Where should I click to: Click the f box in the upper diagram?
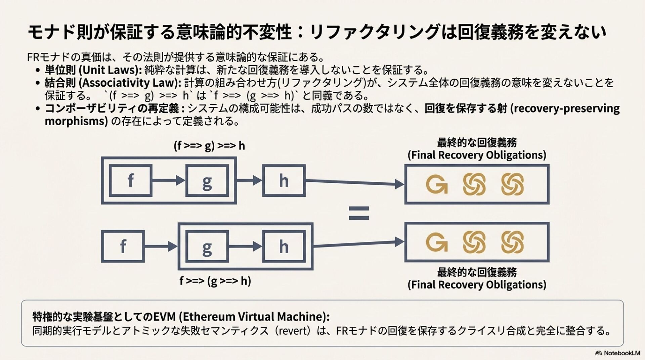tap(131, 181)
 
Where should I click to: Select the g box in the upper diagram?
tap(207, 181)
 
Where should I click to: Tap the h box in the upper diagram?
tap(284, 181)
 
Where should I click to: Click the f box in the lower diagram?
tap(123, 246)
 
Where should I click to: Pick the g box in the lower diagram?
tap(207, 246)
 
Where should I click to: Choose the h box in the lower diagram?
tap(284, 246)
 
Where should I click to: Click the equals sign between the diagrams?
tap(359, 213)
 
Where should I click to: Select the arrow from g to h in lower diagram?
tap(245, 246)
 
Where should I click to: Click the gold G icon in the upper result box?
tap(436, 184)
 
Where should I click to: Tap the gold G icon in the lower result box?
tap(436, 242)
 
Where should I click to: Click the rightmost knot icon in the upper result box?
tap(512, 184)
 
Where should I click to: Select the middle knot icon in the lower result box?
tap(474, 242)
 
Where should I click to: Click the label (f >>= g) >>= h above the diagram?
tap(209, 146)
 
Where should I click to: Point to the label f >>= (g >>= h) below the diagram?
tap(215, 281)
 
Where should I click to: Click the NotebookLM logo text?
tap(621, 353)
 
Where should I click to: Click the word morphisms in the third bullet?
tap(76, 121)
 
